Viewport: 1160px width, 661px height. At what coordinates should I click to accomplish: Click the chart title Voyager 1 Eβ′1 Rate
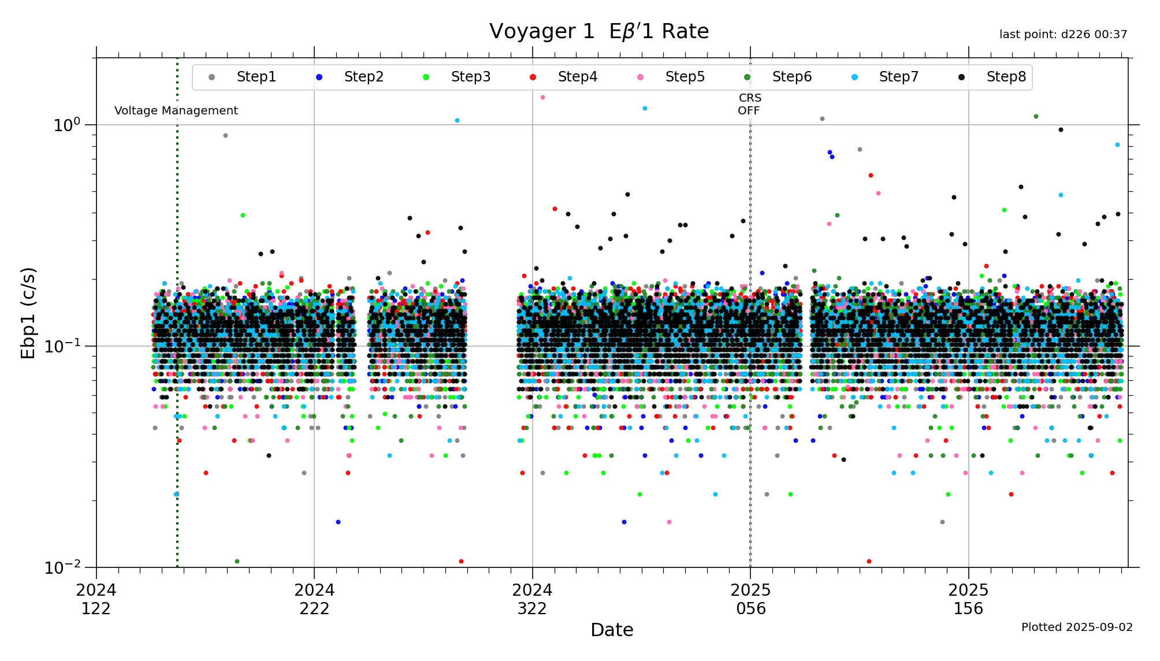[x=598, y=31]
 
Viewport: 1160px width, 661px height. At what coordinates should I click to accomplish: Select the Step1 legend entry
[x=256, y=77]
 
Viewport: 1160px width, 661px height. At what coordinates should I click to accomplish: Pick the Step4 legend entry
[x=577, y=77]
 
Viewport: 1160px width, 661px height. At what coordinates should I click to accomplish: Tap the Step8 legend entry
[x=1006, y=77]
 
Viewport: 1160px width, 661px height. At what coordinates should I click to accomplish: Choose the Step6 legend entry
[x=791, y=77]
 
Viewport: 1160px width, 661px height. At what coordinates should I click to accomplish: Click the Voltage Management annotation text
[x=176, y=110]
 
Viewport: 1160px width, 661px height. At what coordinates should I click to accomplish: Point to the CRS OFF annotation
[x=749, y=105]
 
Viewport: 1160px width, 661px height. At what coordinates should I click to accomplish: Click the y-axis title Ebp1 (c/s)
[x=28, y=313]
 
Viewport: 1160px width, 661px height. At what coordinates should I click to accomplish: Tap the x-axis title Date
[x=612, y=630]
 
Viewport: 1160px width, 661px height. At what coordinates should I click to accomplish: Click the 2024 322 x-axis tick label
[x=532, y=599]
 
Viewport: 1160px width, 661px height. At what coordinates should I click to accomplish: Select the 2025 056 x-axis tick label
[x=750, y=599]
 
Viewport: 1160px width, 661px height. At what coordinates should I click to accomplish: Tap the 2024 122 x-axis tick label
[x=96, y=599]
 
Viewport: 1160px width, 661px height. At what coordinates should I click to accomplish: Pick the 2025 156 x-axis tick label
[x=968, y=599]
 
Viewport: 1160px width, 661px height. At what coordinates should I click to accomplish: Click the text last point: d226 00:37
[x=1063, y=35]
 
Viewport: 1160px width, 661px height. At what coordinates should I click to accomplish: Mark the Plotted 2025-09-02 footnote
[x=1077, y=627]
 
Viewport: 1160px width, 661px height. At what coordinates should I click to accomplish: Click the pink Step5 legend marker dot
[x=640, y=77]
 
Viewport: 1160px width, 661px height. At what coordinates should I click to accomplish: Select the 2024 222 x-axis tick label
[x=314, y=599]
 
